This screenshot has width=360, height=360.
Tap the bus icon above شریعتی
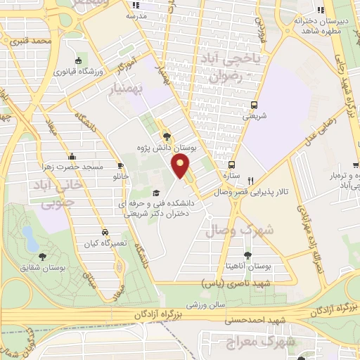(x=254, y=105)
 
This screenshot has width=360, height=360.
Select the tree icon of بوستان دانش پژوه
(x=166, y=136)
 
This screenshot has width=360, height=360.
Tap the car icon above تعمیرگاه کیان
(x=104, y=231)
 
